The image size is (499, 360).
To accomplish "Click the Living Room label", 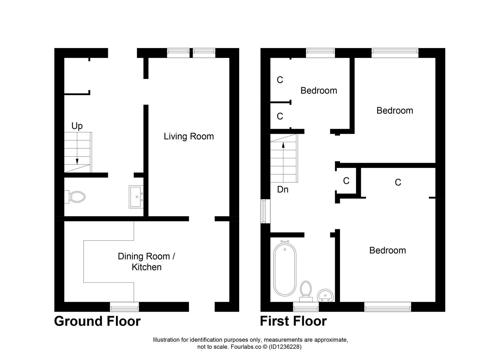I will tap(189, 136).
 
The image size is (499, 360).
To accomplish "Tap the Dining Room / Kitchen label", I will tap(146, 262).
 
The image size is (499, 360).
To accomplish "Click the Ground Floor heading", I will tap(97, 321).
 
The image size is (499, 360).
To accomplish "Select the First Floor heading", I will tap(293, 321).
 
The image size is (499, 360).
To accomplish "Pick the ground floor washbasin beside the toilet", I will tap(136, 197).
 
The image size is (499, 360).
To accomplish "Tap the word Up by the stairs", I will tap(77, 126).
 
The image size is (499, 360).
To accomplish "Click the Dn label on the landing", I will tap(283, 190).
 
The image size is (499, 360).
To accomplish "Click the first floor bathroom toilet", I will tap(306, 290).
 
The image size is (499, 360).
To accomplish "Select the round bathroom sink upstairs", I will tap(325, 295).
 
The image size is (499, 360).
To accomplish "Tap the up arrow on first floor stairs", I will tap(283, 145).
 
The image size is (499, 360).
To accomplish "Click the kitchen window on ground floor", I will tap(124, 307).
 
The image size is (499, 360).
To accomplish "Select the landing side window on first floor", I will tap(265, 211).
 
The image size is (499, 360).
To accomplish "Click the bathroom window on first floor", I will tap(306, 307).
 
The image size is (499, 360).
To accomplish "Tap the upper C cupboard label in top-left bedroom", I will tap(280, 80).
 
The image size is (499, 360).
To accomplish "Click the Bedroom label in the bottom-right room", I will tap(387, 250).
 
